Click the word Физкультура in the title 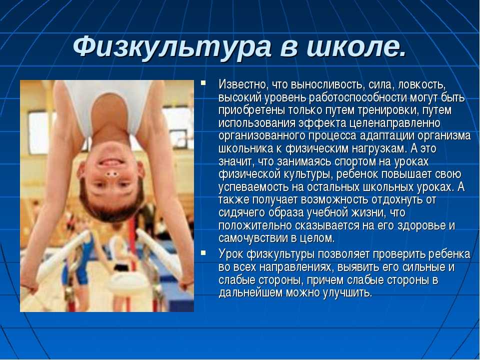click(x=172, y=47)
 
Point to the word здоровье click(x=421, y=225)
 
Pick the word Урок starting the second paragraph click(x=230, y=254)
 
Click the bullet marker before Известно click(x=203, y=83)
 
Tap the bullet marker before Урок click(x=203, y=252)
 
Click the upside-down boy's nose click(x=111, y=174)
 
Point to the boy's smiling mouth click(x=110, y=161)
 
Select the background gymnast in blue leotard click(x=80, y=260)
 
